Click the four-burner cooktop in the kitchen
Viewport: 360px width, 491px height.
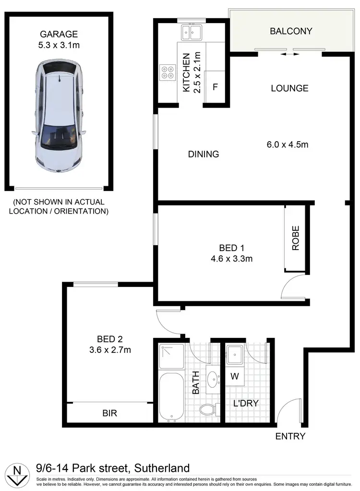(x=168, y=72)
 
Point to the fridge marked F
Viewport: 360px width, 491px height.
(x=215, y=87)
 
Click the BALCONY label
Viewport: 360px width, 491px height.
(x=291, y=31)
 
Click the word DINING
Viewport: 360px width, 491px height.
(x=204, y=154)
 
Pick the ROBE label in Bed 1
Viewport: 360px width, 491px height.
(x=296, y=238)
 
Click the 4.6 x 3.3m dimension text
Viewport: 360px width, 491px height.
(x=232, y=259)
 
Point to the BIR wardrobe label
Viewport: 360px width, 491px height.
(x=109, y=413)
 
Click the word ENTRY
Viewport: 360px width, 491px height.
(x=290, y=436)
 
